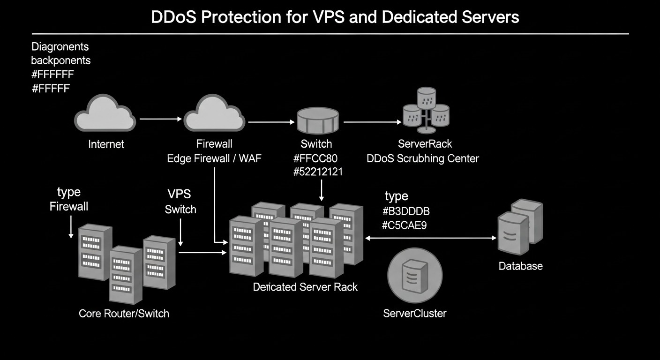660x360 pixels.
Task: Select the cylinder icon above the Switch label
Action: [x=317, y=120]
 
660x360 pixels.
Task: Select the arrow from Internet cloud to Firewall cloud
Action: [x=161, y=119]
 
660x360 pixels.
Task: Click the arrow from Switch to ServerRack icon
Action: [x=373, y=122]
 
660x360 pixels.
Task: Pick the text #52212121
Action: [x=318, y=172]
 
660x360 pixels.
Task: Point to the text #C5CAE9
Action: [x=404, y=225]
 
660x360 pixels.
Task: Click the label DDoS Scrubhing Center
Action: [x=423, y=158]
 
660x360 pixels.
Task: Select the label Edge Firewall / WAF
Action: [x=214, y=158]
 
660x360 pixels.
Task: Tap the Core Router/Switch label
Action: [x=124, y=314]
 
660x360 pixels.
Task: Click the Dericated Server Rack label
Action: [x=305, y=287]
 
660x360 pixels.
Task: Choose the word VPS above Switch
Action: [x=179, y=195]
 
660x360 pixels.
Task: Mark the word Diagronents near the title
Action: [x=60, y=47]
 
